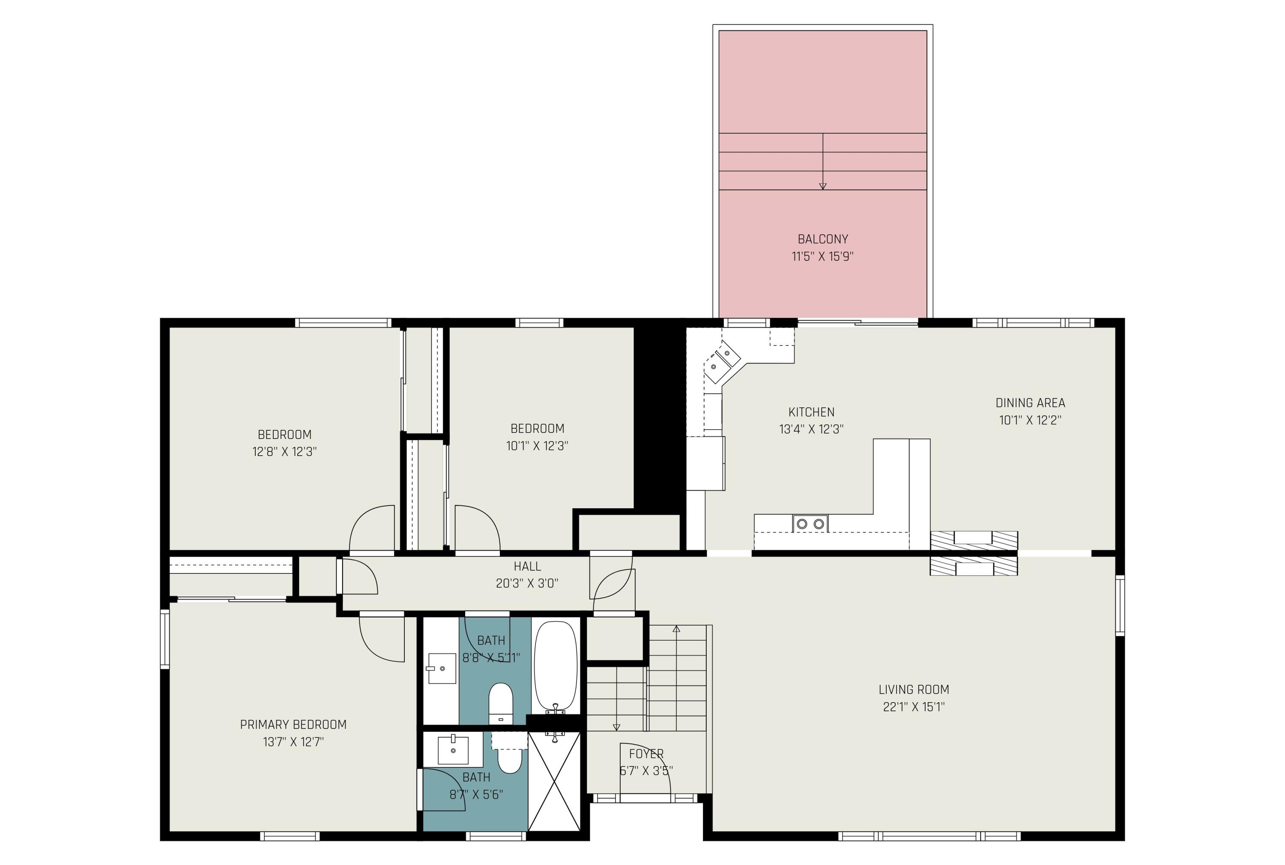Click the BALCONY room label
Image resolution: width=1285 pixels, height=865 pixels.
coord(822,239)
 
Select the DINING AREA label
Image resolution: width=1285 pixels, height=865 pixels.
coord(1030,403)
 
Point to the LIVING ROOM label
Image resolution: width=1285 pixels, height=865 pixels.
coord(913,689)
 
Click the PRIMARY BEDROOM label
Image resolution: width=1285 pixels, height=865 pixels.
coord(293,724)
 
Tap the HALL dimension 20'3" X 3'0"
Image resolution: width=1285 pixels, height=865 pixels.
coord(527,583)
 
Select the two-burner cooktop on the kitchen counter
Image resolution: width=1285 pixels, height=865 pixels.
coord(810,523)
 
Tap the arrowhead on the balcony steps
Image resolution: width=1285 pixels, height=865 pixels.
coord(822,186)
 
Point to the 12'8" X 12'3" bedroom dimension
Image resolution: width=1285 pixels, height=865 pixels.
coord(284,452)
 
